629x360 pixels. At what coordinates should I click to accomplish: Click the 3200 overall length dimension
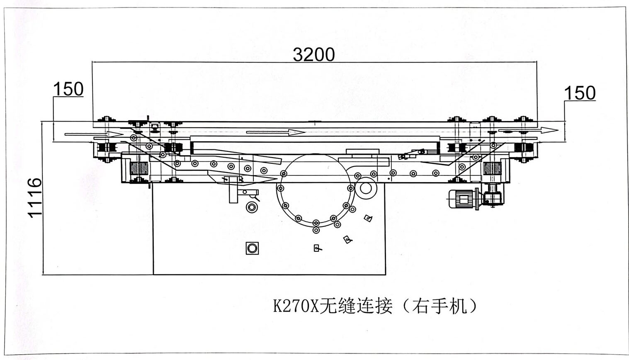click(x=314, y=54)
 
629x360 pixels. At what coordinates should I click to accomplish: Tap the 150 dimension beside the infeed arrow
click(x=68, y=89)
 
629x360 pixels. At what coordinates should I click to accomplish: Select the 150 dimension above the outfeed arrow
click(x=580, y=93)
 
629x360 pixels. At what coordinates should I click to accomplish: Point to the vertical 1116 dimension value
click(x=35, y=197)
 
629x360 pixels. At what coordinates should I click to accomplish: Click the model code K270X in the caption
click(x=296, y=306)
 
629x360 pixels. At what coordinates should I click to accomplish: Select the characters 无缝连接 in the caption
click(x=355, y=306)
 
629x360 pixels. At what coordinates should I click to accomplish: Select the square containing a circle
click(x=252, y=248)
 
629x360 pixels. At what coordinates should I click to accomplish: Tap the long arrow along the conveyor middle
click(x=275, y=132)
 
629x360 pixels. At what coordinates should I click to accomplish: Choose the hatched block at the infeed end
click(x=140, y=168)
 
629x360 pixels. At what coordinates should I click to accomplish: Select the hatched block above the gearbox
click(x=492, y=168)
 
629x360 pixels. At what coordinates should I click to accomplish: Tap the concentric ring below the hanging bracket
click(x=251, y=207)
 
